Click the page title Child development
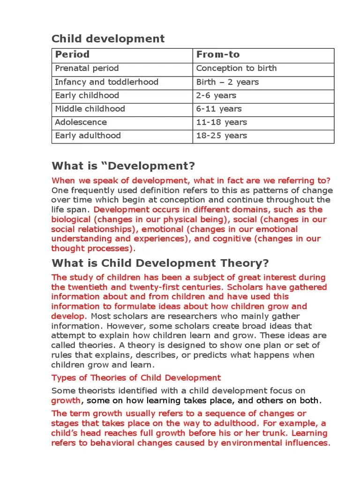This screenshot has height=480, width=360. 108,38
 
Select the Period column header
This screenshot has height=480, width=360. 72,54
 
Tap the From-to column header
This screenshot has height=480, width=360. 217,54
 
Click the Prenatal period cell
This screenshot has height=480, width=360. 87,68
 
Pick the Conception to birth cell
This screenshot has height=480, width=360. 236,68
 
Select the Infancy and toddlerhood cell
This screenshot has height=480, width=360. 106,82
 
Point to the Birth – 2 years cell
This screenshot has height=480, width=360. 227,82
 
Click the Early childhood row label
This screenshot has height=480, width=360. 87,96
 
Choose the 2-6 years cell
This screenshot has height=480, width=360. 216,96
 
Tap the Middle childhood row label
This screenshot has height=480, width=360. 90,109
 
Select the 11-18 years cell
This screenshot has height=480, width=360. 221,122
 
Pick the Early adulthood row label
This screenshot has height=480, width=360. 88,136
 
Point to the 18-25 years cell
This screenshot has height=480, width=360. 221,136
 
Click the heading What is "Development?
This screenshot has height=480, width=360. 123,166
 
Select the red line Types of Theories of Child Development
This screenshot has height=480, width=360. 135,377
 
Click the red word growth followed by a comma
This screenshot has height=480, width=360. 66,401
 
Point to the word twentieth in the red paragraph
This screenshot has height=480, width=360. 85,287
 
